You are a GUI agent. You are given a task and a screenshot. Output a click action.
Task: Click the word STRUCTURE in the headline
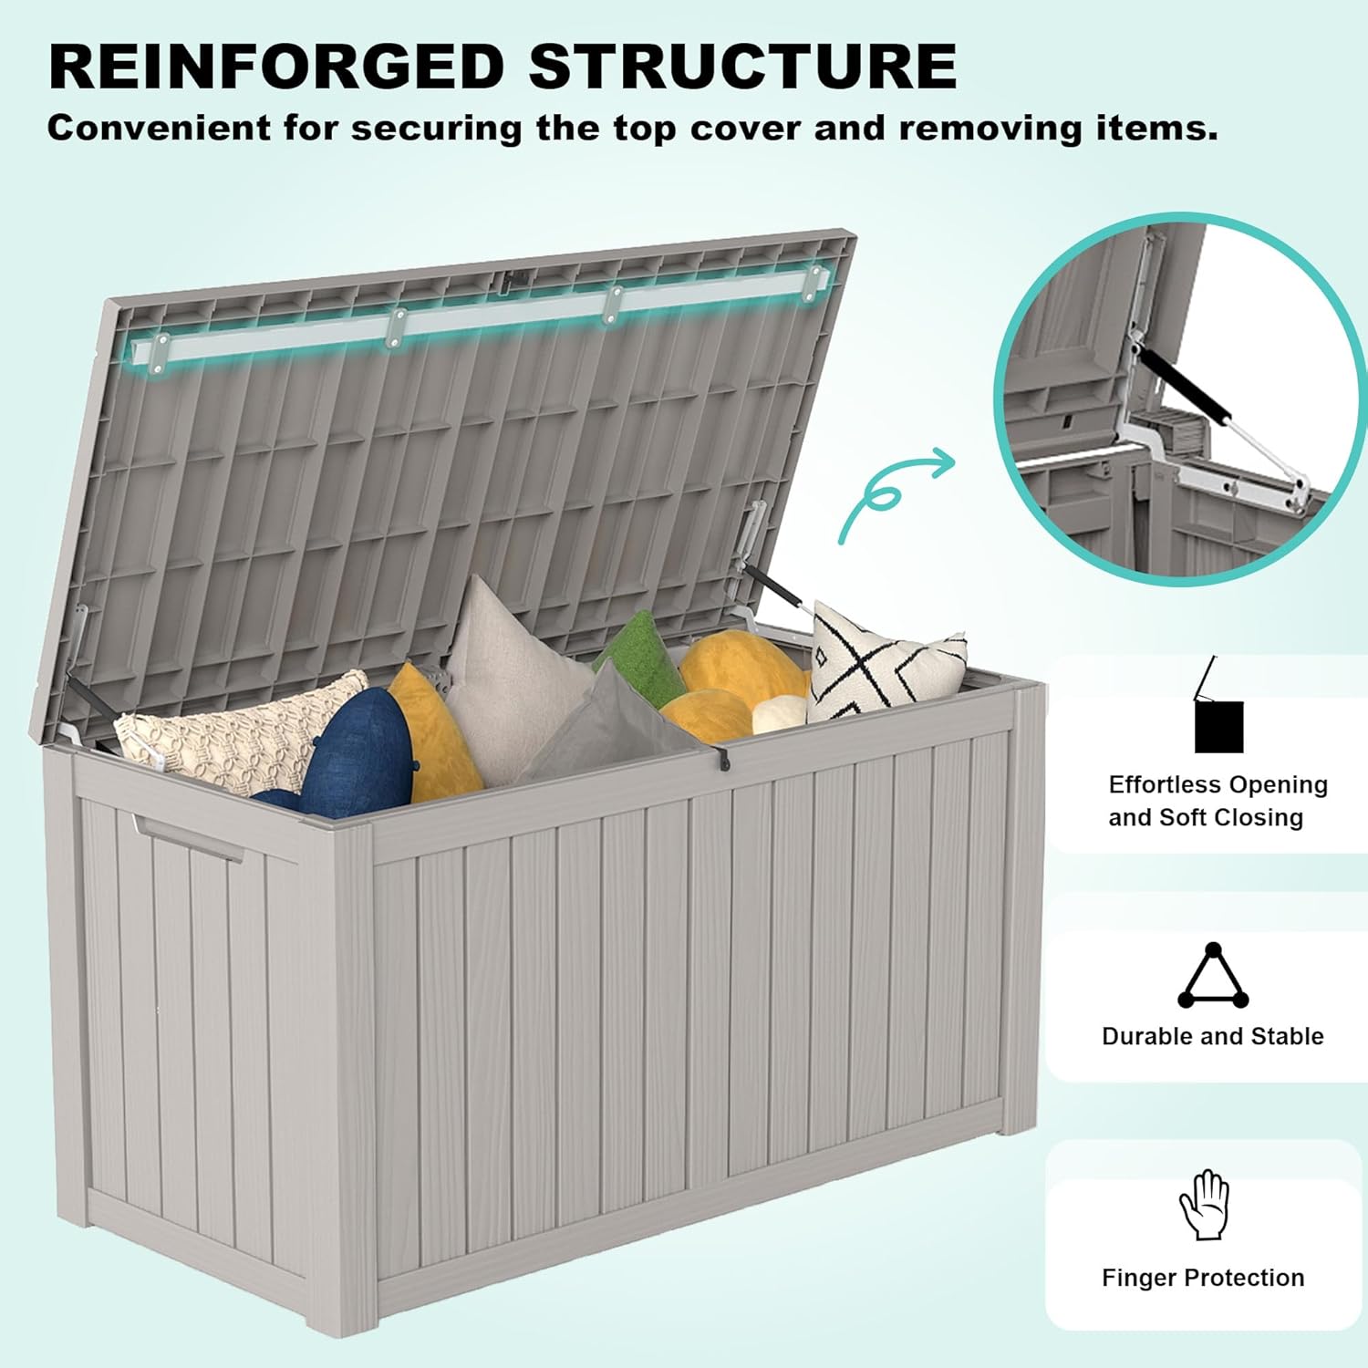click(742, 66)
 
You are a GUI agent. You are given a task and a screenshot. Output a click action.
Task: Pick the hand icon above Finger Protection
click(1204, 1205)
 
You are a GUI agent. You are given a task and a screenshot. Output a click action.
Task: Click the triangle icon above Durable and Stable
click(1212, 977)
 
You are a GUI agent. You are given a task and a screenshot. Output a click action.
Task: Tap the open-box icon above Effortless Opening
click(1217, 711)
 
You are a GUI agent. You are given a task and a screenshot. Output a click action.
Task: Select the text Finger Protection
click(1203, 1278)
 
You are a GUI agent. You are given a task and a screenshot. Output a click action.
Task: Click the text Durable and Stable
click(1212, 1036)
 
